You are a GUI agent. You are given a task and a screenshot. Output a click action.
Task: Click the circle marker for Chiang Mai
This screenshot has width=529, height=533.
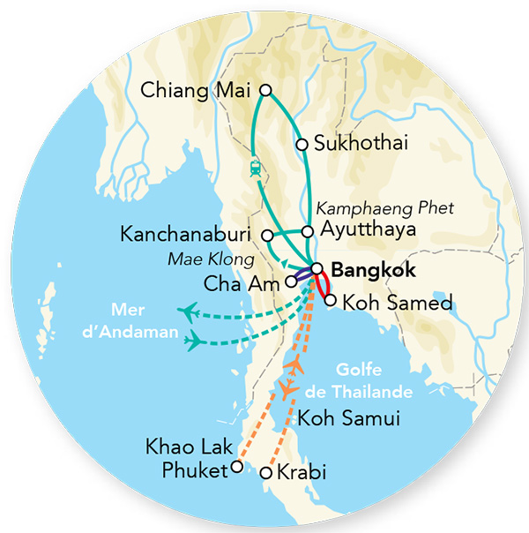(x=265, y=89)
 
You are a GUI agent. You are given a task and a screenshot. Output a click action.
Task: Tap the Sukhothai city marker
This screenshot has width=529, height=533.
(x=302, y=144)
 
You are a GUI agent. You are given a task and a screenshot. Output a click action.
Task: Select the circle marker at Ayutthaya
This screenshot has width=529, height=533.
(x=307, y=231)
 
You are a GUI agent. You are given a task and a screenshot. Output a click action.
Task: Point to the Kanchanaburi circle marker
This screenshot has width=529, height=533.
(x=268, y=235)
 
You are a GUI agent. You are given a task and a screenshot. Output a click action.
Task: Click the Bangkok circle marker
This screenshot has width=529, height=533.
(x=316, y=268)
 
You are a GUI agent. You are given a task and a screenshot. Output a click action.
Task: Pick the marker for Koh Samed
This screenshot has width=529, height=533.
(x=330, y=301)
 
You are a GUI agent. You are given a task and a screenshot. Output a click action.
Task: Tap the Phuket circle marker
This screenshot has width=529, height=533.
(x=235, y=469)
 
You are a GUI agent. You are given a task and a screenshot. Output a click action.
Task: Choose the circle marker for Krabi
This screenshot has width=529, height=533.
(x=267, y=474)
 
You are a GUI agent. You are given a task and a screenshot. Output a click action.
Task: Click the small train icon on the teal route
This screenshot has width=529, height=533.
(x=256, y=167)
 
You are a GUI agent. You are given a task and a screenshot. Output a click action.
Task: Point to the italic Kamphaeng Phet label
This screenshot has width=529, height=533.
(x=384, y=209)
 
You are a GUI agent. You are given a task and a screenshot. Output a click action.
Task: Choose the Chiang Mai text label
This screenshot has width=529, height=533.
(x=196, y=90)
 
